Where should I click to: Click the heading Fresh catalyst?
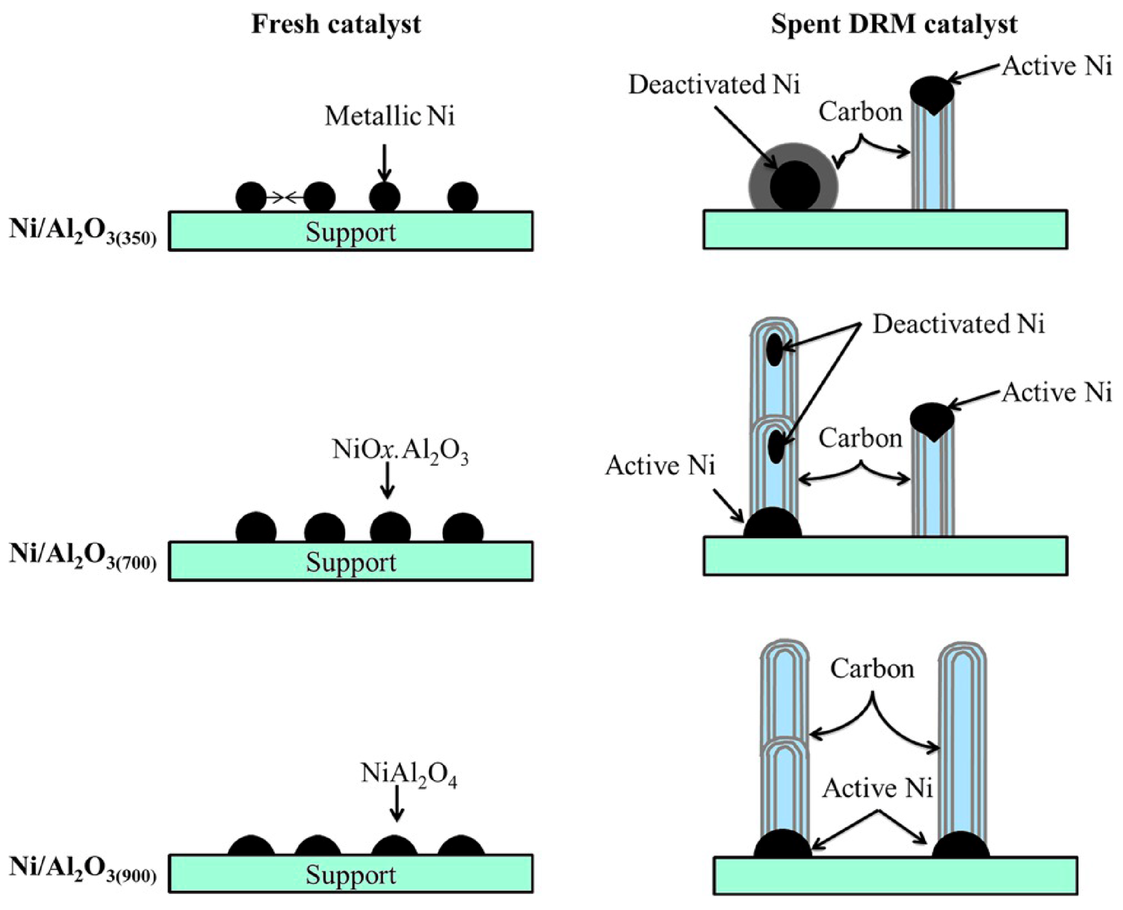pos(336,24)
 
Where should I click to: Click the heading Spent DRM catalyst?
pos(894,24)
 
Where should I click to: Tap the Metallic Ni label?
pos(389,116)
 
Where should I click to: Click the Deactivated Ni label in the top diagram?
pos(714,85)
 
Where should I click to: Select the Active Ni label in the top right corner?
pos(1057,68)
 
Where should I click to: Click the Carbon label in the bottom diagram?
pos(872,669)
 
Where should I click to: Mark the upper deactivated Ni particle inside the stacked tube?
pos(774,350)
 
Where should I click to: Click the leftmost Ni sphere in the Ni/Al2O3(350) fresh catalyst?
pos(251,197)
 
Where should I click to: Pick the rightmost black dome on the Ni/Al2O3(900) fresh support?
pos(461,846)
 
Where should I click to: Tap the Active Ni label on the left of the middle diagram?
pos(660,465)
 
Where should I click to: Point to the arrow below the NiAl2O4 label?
pos(397,806)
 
